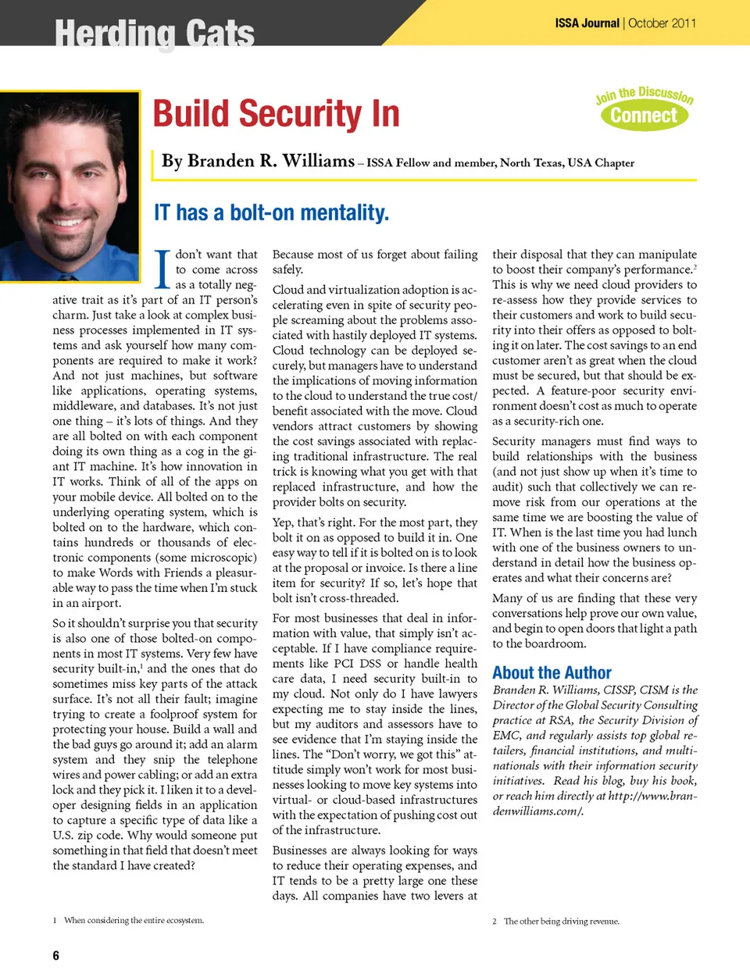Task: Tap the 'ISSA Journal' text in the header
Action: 587,23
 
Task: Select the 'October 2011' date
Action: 662,23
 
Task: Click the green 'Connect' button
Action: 644,116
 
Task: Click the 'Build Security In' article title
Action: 276,114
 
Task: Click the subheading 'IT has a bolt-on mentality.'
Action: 271,212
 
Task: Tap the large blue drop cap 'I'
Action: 162,269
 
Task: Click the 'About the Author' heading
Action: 552,672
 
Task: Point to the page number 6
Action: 55,955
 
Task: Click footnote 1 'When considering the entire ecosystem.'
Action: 134,920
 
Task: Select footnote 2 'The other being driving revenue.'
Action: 561,921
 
